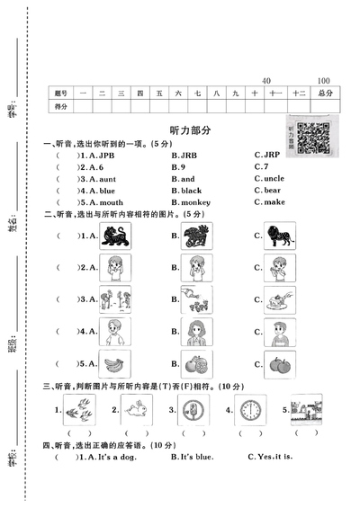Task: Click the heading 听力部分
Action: [x=189, y=130]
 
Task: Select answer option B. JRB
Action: [x=187, y=155]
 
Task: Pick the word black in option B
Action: [x=191, y=191]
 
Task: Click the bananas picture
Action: [x=113, y=364]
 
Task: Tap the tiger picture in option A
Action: [x=114, y=236]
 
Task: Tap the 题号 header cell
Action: [x=60, y=93]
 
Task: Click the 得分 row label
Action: [x=60, y=106]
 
